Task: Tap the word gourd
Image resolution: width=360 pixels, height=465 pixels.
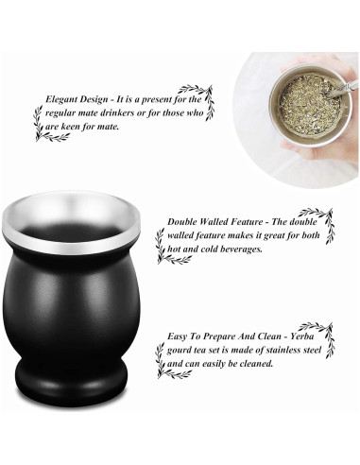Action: coord(182,349)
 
